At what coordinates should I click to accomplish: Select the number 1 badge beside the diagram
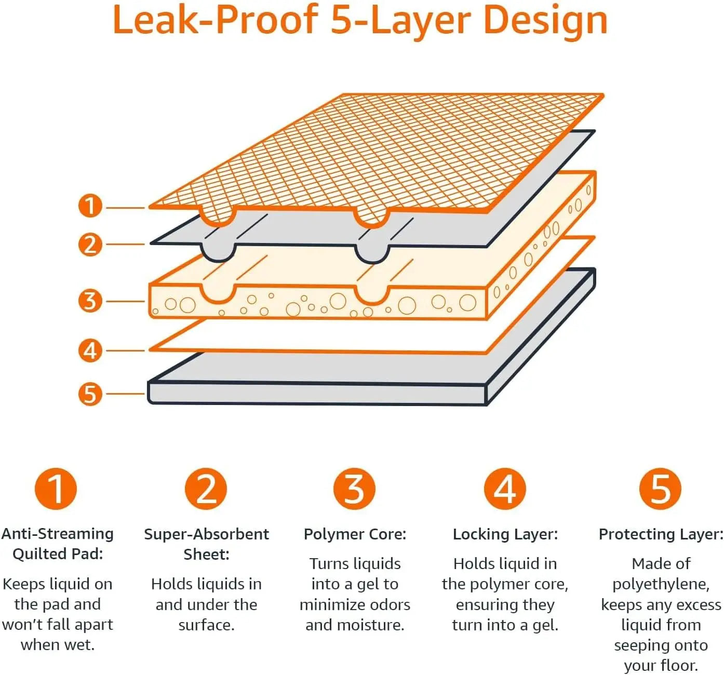coord(90,206)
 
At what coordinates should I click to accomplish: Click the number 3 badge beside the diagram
coord(90,301)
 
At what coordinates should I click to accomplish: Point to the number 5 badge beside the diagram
coord(90,394)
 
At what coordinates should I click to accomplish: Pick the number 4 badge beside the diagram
coord(90,350)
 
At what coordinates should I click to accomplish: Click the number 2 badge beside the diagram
coord(90,244)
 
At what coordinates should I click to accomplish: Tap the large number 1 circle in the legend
coord(56,489)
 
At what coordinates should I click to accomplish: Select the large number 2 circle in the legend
coord(206,489)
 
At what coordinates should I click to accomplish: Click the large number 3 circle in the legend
coord(354,489)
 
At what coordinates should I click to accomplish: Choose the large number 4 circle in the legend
coord(505,489)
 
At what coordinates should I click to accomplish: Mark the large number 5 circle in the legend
coord(660,489)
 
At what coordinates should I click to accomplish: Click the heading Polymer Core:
coord(355,534)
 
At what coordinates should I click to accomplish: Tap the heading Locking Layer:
coord(505,534)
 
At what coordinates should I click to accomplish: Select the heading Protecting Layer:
coord(661,534)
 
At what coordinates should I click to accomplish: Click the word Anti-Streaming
coord(58,534)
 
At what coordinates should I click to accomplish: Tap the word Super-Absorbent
coord(206,534)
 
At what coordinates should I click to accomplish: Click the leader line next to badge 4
coord(125,350)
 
